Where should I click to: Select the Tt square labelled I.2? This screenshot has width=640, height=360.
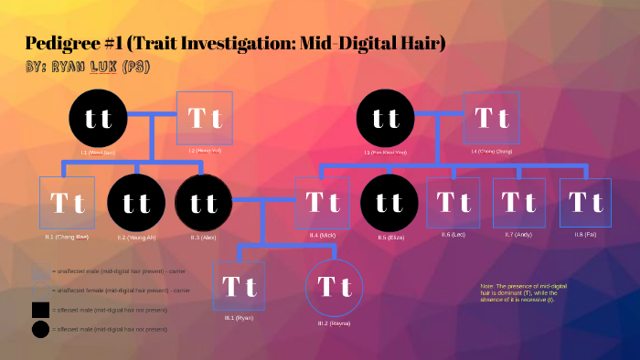coord(205,117)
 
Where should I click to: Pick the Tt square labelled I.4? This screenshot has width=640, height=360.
coord(493,117)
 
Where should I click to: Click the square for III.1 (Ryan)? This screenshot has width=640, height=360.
coord(239,287)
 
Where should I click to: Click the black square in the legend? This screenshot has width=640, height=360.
coord(40,310)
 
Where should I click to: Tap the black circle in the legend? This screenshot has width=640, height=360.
coord(40,329)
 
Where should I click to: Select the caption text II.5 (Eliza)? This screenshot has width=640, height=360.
coord(389,237)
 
